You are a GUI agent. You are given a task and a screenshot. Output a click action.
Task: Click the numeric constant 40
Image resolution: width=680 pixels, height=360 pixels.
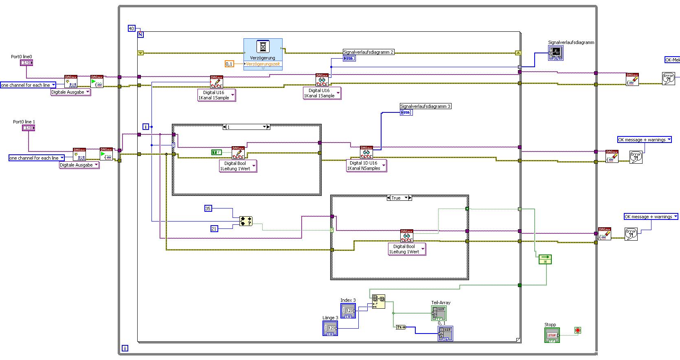[x=131, y=28]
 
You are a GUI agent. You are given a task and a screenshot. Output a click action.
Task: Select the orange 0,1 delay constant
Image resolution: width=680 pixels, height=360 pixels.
[x=230, y=64]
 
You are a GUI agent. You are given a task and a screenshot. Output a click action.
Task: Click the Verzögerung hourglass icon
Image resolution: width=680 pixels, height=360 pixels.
[x=263, y=47]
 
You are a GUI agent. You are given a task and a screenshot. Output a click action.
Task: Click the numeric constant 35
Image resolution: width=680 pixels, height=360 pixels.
[x=208, y=209]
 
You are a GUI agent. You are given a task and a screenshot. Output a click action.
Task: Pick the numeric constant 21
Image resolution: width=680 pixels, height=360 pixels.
[x=214, y=229]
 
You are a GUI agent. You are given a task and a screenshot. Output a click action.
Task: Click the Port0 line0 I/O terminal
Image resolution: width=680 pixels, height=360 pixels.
[x=26, y=63]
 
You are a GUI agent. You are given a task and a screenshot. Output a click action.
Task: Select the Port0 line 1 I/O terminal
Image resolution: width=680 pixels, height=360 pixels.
[x=29, y=128]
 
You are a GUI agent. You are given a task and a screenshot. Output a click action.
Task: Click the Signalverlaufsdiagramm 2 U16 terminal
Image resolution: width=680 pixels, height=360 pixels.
[x=349, y=58]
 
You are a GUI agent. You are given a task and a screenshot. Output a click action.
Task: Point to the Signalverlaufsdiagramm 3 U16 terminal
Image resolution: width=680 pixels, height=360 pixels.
[x=406, y=112]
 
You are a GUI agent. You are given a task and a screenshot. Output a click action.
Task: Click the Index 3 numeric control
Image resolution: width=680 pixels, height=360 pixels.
[x=348, y=311]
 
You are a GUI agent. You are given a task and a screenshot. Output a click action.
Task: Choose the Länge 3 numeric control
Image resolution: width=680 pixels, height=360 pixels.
[x=330, y=328]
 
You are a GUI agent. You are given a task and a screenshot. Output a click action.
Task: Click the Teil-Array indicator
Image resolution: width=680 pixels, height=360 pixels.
[x=439, y=313]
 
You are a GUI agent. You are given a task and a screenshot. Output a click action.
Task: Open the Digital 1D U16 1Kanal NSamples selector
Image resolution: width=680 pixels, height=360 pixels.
[x=366, y=166]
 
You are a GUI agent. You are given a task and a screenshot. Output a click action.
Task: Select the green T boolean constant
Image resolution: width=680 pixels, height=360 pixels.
[x=216, y=152]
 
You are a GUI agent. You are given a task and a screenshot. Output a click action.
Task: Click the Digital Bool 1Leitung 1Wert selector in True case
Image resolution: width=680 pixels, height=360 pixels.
[x=407, y=249]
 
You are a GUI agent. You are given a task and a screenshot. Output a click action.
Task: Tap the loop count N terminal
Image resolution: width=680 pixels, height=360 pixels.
[x=140, y=35]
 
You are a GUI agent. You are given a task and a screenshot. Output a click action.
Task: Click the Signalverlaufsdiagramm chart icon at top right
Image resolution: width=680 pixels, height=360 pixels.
[x=556, y=53]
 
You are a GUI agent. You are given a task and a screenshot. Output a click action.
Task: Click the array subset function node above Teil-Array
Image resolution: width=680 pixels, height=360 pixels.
[x=378, y=302]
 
